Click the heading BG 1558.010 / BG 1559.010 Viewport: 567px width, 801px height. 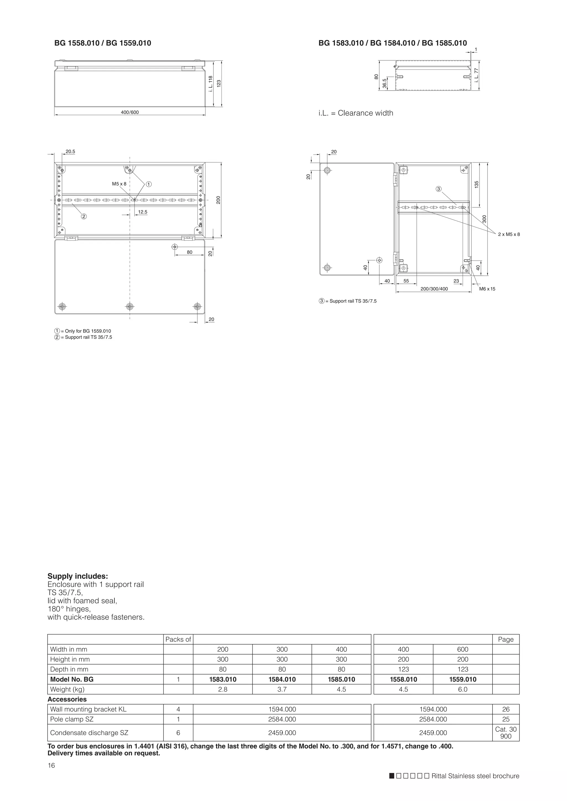tap(103, 43)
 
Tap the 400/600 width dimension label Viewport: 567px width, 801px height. tap(130, 112)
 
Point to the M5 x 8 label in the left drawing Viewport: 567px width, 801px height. tap(119, 184)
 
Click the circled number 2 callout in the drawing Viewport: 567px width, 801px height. tap(84, 216)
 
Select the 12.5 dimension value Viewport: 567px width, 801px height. tap(143, 212)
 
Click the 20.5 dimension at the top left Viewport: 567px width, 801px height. tap(70, 151)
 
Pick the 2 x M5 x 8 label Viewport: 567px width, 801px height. tap(509, 234)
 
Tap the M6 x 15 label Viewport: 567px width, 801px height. tap(487, 289)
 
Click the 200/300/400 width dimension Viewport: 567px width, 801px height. tap(434, 289)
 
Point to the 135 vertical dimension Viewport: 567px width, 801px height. tap(476, 185)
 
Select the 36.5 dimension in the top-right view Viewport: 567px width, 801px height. tap(384, 83)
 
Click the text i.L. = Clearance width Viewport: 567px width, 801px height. tap(355, 113)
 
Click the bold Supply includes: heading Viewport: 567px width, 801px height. tap(78, 576)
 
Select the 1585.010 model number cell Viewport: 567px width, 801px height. tap(341, 679)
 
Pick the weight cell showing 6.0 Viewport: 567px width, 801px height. tap(463, 689)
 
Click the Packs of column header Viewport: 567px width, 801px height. tap(178, 639)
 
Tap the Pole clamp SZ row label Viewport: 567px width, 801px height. tap(72, 719)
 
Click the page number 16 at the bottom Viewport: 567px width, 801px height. tap(51, 765)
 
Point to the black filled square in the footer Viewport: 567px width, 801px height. tap(392, 776)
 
